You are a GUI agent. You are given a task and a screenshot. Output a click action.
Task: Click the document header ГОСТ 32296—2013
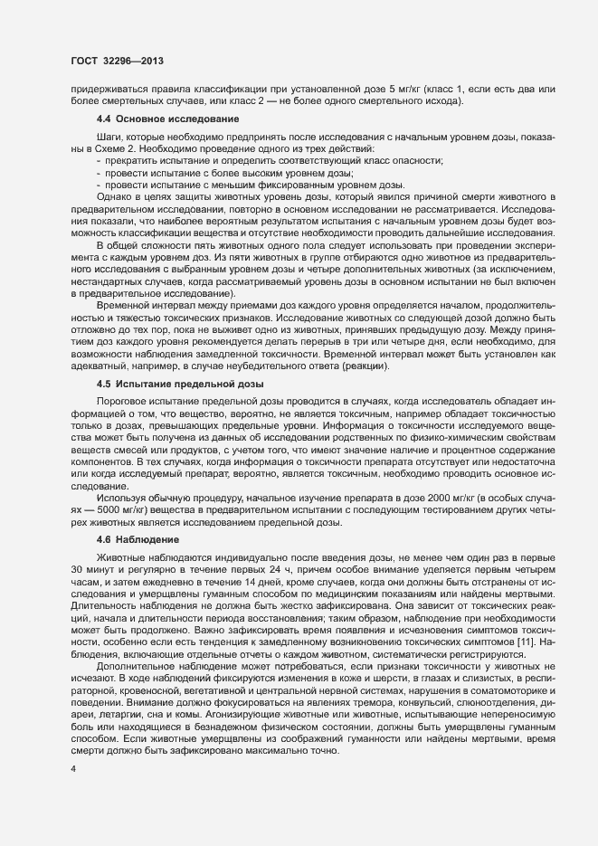pyautogui.click(x=116, y=61)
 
